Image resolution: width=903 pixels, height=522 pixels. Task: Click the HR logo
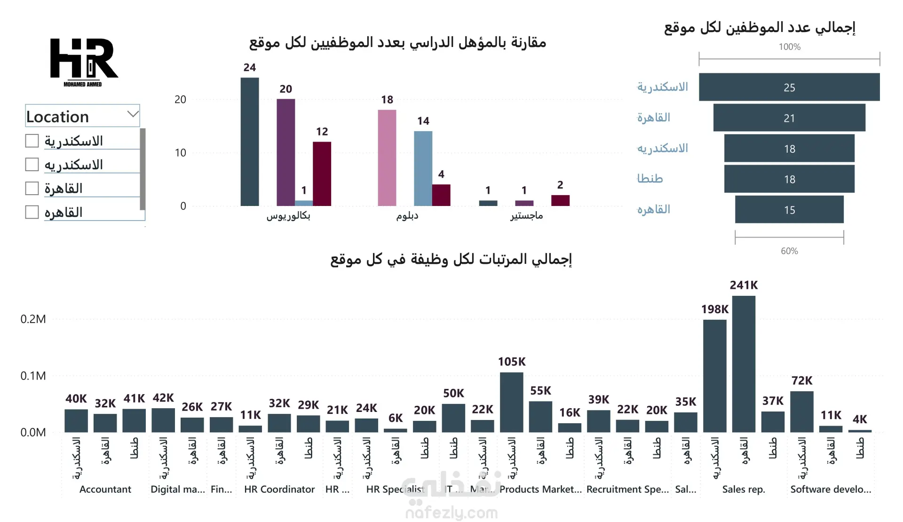84,61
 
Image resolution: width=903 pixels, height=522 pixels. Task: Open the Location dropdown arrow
133,114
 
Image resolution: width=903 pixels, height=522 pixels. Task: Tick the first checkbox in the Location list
32,141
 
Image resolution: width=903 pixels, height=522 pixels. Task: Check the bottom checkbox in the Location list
32,212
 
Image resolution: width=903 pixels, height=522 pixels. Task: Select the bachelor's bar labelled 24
250,142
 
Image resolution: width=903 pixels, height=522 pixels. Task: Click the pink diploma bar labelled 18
387,158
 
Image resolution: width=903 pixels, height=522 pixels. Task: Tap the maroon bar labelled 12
322,174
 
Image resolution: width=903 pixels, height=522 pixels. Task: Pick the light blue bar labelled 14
423,168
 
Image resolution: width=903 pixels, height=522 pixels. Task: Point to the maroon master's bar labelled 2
560,200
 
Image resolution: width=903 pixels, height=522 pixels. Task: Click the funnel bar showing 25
789,87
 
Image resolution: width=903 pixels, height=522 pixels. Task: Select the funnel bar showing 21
789,118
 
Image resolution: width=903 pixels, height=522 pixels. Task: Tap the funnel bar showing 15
789,210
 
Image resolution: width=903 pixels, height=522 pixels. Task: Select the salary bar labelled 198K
714,376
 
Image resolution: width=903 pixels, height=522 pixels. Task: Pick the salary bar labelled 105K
511,402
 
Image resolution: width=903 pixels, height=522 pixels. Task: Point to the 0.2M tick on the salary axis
33,319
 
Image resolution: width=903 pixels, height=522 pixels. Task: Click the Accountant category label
105,489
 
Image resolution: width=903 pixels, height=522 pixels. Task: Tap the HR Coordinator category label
279,489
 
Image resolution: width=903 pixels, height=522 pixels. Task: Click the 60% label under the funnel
789,251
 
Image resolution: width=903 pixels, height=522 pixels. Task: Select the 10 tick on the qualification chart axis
180,153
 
